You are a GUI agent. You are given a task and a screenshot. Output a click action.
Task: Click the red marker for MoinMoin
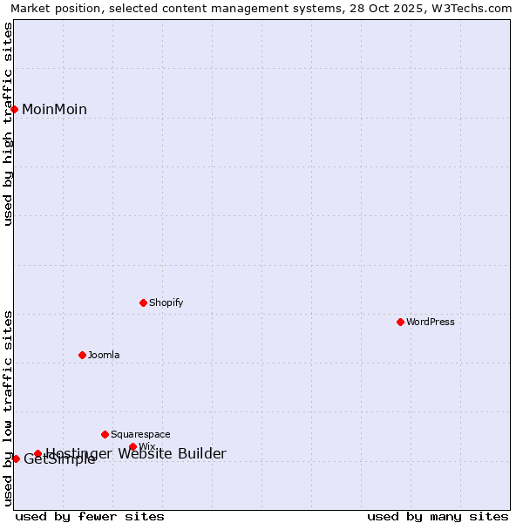click(x=15, y=109)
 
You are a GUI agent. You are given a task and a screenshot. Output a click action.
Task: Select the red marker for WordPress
click(x=400, y=322)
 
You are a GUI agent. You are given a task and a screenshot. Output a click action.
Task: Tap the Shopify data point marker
click(x=143, y=302)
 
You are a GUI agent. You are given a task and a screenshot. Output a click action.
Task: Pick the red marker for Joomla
click(x=82, y=355)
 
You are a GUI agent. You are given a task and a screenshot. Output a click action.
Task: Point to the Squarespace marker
click(x=105, y=434)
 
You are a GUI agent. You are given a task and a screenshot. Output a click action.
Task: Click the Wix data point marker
click(x=132, y=446)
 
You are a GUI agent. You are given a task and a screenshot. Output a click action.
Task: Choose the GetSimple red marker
click(x=16, y=458)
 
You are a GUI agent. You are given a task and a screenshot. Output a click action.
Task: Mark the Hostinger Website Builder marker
click(x=37, y=453)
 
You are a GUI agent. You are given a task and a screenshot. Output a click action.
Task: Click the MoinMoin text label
click(x=54, y=109)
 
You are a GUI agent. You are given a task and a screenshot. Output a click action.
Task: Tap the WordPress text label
click(x=431, y=322)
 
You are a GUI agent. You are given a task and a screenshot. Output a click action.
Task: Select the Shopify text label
click(x=166, y=302)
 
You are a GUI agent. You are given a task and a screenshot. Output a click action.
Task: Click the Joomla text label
click(x=104, y=355)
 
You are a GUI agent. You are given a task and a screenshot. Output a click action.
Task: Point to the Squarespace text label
click(x=140, y=434)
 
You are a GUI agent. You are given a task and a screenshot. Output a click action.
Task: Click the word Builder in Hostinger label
click(x=201, y=453)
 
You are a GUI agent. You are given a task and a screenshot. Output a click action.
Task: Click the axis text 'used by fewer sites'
click(x=90, y=516)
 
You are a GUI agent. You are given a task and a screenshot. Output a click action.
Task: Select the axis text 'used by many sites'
click(x=438, y=516)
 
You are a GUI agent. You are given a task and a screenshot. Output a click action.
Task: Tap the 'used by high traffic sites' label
click(x=8, y=124)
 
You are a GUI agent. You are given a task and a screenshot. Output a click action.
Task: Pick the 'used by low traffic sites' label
click(x=8, y=408)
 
